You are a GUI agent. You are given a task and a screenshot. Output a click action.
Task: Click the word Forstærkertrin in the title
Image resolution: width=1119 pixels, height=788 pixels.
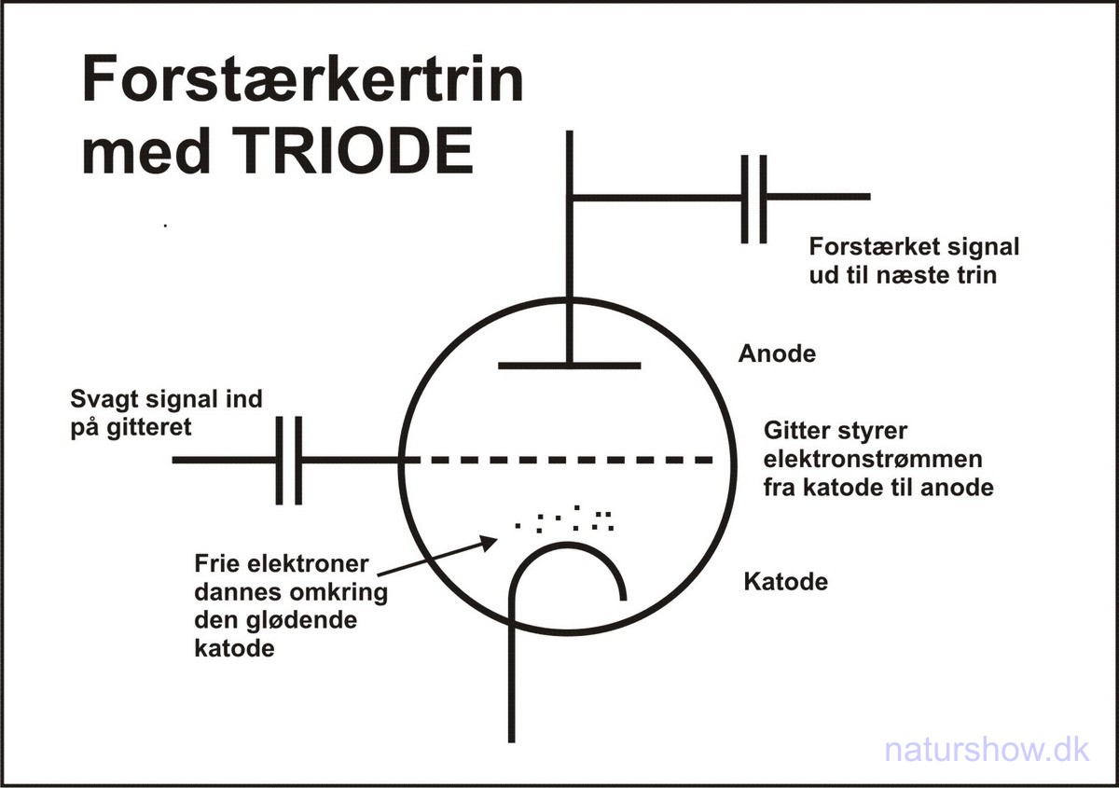coord(303,79)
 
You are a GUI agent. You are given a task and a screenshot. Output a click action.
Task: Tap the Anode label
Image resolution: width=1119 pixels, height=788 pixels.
coord(777,354)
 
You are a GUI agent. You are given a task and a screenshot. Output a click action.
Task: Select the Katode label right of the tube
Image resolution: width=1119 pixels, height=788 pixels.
coord(785,582)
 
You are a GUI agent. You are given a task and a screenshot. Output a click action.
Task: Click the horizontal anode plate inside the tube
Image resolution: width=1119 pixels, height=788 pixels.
coord(569,365)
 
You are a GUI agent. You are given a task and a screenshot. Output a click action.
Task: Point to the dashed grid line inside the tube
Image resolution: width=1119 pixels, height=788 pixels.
coord(559,460)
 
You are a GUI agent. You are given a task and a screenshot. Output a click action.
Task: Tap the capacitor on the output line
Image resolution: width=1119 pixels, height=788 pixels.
coord(754,198)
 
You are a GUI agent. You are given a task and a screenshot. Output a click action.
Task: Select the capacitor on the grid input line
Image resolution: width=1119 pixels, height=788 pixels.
coord(289,461)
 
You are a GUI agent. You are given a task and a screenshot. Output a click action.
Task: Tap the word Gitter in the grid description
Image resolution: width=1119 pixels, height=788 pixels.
coord(795,431)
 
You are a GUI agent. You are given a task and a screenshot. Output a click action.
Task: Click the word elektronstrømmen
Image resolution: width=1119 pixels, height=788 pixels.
coord(872,459)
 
